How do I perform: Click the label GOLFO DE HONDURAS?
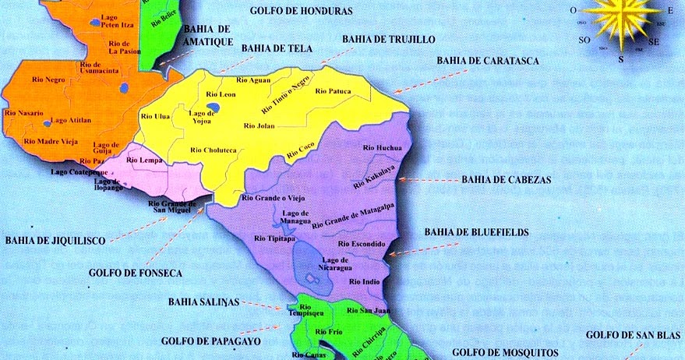(x=301, y=11)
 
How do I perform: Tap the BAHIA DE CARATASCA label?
(x=488, y=59)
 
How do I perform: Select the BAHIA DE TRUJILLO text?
(x=389, y=38)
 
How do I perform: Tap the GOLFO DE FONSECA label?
(x=136, y=273)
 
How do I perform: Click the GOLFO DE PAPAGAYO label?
(x=211, y=341)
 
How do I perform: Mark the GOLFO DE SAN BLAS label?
(x=634, y=335)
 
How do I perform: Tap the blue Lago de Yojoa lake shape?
(x=213, y=108)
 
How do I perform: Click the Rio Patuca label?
(x=334, y=91)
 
